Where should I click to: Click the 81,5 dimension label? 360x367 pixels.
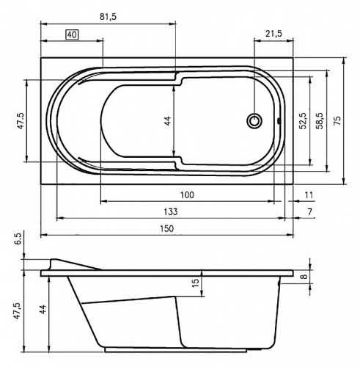click(x=108, y=17)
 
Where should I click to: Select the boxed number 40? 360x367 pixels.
click(x=72, y=34)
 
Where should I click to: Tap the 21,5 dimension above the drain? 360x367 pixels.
click(x=274, y=34)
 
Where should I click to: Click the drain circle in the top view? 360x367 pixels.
click(x=254, y=121)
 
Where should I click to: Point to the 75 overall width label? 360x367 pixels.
click(x=337, y=120)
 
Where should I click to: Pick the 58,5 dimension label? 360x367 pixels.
click(x=319, y=120)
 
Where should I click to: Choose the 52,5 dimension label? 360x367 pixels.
click(x=303, y=120)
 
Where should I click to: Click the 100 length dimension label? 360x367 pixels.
click(x=187, y=195)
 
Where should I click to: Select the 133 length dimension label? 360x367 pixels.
click(x=171, y=211)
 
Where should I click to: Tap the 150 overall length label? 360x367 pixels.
click(x=167, y=228)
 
